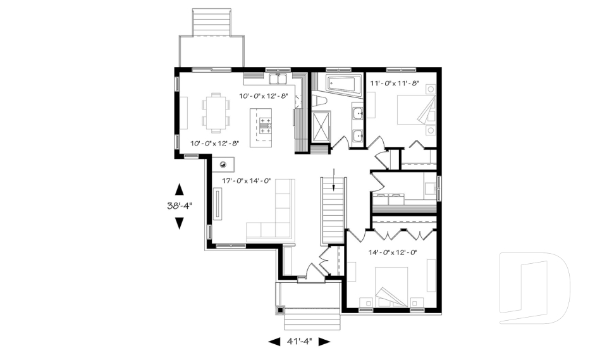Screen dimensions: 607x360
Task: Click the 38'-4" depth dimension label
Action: pos(180,206)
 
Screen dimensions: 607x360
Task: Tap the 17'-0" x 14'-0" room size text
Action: pos(246,180)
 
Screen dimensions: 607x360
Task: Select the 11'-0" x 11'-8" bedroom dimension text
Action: pos(395,83)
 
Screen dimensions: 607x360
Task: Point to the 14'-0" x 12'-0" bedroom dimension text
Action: pos(393,252)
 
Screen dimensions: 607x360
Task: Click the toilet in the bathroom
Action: pos(320,101)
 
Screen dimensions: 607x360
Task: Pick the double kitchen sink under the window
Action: pos(278,79)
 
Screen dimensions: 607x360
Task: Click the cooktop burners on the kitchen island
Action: pos(265,126)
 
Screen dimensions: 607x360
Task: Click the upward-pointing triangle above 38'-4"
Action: pos(179,189)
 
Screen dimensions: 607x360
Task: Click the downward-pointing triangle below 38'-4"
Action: pos(179,223)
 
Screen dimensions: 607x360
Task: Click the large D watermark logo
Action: pos(534,288)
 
